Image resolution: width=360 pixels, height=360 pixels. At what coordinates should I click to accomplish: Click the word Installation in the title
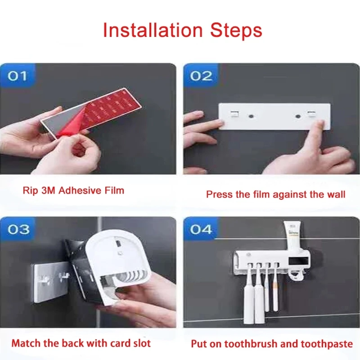[x=153, y=30]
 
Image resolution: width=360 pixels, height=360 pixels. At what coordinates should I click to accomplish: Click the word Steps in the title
[x=236, y=31]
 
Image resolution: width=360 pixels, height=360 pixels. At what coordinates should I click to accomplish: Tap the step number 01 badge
[x=17, y=76]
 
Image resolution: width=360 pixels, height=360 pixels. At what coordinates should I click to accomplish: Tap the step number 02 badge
[x=201, y=76]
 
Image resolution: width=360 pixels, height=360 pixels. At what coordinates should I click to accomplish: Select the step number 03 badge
[x=18, y=229]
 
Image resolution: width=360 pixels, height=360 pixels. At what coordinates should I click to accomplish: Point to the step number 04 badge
[x=200, y=229]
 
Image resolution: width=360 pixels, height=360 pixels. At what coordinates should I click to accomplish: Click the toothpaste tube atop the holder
[x=293, y=236]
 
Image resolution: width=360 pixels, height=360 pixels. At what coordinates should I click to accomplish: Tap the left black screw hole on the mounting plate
[x=251, y=116]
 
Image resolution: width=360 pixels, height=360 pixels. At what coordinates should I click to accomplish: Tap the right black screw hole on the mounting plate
[x=298, y=116]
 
